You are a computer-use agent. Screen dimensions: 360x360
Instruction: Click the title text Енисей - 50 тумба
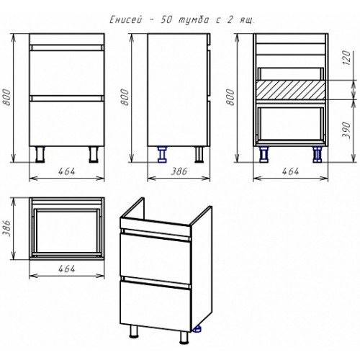[x=159, y=20]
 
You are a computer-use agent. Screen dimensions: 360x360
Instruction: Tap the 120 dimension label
[x=347, y=58]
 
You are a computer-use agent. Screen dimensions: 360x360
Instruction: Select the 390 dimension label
[x=346, y=130]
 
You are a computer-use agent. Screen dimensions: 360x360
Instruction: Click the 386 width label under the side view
[x=179, y=171]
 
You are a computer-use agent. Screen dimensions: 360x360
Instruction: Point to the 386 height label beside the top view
[x=8, y=228]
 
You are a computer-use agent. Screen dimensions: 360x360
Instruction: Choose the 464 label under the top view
[x=67, y=269]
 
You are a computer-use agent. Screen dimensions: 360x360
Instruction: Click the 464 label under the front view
[x=67, y=171]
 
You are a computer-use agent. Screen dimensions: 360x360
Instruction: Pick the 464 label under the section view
[x=290, y=171]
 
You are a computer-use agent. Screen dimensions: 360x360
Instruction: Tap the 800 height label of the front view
[x=7, y=97]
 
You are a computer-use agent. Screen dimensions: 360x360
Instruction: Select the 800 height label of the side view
[x=125, y=97]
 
